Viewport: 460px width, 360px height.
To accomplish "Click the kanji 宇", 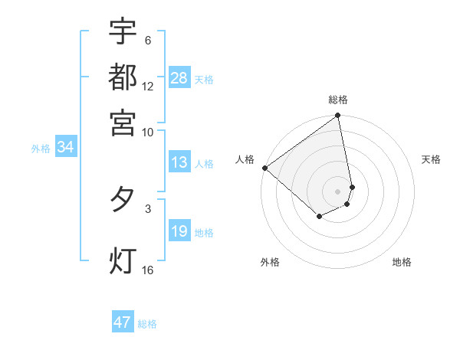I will click(x=123, y=31).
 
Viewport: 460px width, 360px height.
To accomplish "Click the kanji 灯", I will click(x=123, y=260).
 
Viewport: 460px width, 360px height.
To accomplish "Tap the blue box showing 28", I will click(x=179, y=78).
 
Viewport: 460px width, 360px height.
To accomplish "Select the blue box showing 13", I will click(x=179, y=162).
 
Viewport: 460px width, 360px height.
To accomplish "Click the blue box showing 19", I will click(x=179, y=231).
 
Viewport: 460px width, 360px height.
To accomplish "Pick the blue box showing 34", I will click(x=65, y=148).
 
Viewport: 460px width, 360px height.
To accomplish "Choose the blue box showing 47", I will click(x=123, y=322).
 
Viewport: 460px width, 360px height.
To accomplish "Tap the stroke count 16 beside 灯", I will click(x=148, y=270).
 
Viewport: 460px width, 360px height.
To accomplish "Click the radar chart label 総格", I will click(x=338, y=100).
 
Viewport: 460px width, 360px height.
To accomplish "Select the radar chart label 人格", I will click(x=245, y=159).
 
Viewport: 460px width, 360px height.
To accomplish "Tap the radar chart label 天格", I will click(x=431, y=159).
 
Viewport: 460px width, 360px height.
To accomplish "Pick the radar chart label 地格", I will click(x=402, y=262).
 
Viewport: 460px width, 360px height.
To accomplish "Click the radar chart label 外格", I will click(x=270, y=262).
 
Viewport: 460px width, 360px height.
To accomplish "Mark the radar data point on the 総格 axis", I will click(x=338, y=116).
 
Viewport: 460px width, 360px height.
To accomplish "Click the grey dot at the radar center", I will click(x=338, y=191).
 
